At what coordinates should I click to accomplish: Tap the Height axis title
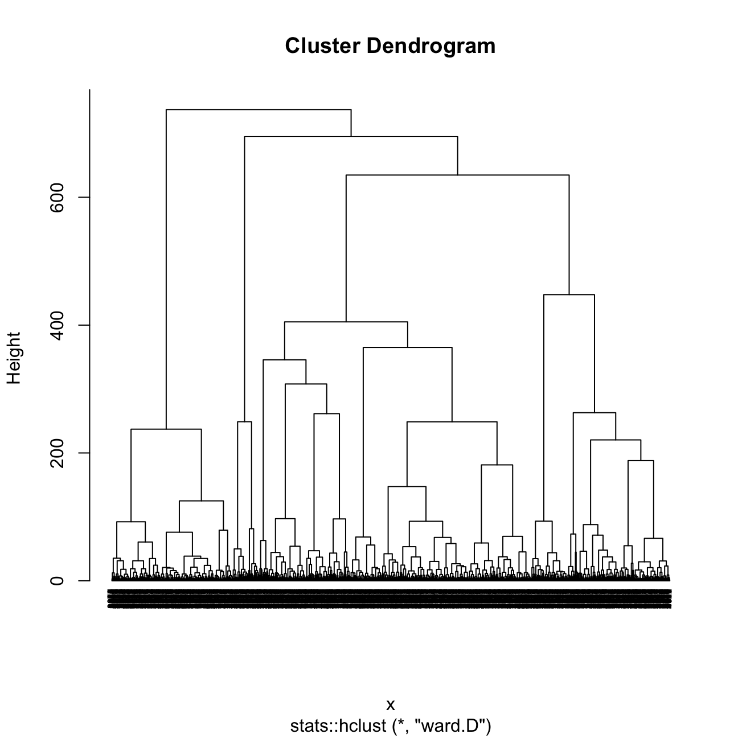pyautogui.click(x=14, y=358)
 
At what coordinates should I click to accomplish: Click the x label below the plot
pyautogui.click(x=391, y=705)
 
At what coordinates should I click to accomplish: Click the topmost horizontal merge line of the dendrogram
pyautogui.click(x=258, y=109)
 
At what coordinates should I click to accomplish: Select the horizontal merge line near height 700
pyautogui.click(x=351, y=137)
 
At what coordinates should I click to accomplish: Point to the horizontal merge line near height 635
pyautogui.click(x=457, y=175)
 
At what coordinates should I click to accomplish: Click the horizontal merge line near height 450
pyautogui.click(x=569, y=295)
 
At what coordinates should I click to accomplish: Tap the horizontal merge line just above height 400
pyautogui.click(x=346, y=322)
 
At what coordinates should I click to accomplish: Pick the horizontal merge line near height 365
pyautogui.click(x=407, y=347)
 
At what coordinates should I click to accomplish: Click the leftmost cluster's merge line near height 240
pyautogui.click(x=166, y=429)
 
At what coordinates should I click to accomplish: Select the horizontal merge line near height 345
pyautogui.click(x=284, y=360)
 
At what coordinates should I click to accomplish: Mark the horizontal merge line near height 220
pyautogui.click(x=616, y=440)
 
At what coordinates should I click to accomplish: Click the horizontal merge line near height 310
pyautogui.click(x=306, y=384)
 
